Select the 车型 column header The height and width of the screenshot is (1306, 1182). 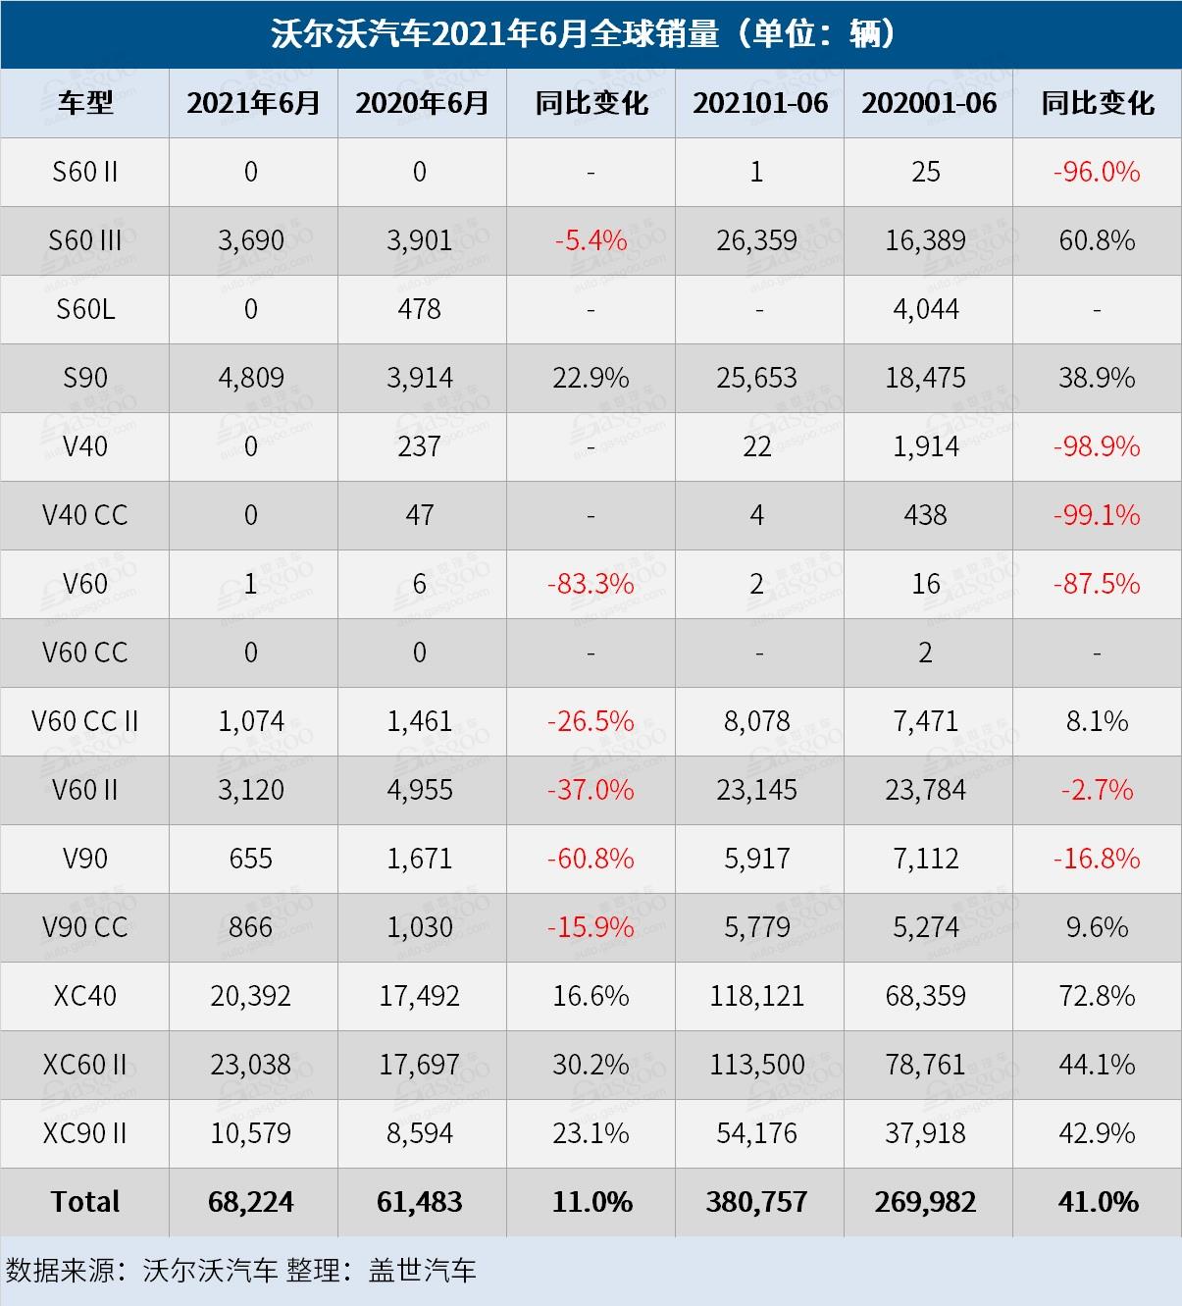(x=85, y=103)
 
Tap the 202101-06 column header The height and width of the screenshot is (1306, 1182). (x=760, y=103)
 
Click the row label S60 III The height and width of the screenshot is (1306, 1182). (x=85, y=240)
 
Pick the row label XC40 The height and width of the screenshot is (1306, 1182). (x=85, y=996)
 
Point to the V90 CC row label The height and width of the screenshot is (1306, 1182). (x=85, y=927)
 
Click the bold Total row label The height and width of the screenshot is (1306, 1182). (x=85, y=1202)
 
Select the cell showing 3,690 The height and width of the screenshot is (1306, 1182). (x=251, y=240)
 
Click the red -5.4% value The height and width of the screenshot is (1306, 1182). (x=591, y=240)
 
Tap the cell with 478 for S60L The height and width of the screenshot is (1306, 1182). (x=420, y=309)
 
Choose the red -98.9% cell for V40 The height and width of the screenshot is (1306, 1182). (x=1097, y=446)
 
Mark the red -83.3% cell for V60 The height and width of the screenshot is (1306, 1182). (x=591, y=584)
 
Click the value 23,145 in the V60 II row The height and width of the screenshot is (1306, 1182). (x=757, y=790)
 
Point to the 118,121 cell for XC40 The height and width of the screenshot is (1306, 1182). (x=757, y=996)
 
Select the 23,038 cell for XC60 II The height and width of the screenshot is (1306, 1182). (x=251, y=1065)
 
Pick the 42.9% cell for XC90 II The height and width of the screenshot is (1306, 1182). (x=1097, y=1133)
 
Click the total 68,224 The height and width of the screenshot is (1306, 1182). (x=251, y=1202)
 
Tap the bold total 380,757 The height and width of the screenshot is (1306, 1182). (x=757, y=1202)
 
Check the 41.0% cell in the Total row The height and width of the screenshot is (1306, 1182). (x=1098, y=1202)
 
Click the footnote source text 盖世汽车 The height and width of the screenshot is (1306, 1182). (x=423, y=1271)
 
